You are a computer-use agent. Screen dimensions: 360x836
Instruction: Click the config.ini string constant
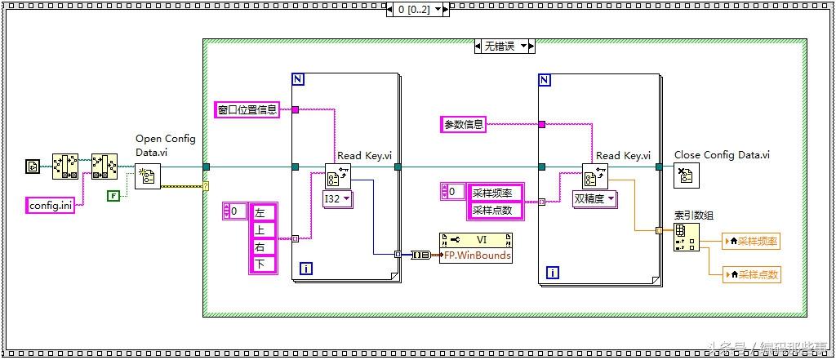click(51, 205)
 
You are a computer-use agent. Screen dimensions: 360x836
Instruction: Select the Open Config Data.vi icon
click(147, 176)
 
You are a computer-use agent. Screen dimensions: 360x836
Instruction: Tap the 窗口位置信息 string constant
click(247, 109)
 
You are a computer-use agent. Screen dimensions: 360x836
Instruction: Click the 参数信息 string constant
click(464, 124)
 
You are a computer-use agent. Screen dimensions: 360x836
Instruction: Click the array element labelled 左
click(261, 211)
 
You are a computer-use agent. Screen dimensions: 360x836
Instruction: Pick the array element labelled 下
click(261, 264)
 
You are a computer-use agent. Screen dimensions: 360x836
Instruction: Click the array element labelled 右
click(261, 247)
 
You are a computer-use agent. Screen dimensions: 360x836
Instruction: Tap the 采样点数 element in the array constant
click(495, 210)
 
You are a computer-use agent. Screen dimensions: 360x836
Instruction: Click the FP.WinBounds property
click(477, 255)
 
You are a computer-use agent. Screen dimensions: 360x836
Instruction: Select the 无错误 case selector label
click(500, 47)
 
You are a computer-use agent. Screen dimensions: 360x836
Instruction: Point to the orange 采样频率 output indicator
click(751, 241)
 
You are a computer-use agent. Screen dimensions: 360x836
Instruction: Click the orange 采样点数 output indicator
click(751, 274)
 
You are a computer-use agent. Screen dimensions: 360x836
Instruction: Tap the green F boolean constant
click(113, 195)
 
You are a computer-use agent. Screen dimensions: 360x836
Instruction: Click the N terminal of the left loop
click(298, 80)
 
